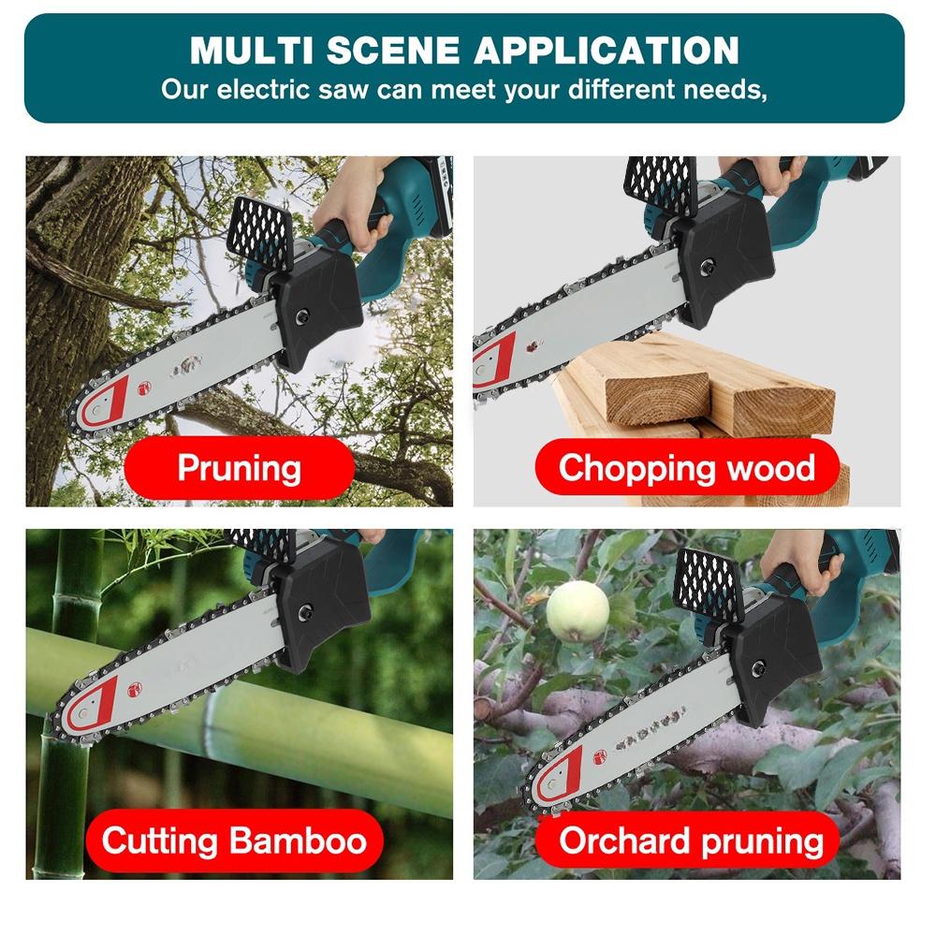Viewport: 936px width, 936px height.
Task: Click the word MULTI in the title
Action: pos(246,50)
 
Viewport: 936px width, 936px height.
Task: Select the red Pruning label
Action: pos(239,466)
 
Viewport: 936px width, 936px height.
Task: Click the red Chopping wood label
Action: pos(686,466)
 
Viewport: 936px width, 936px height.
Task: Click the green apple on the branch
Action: pos(577,610)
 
